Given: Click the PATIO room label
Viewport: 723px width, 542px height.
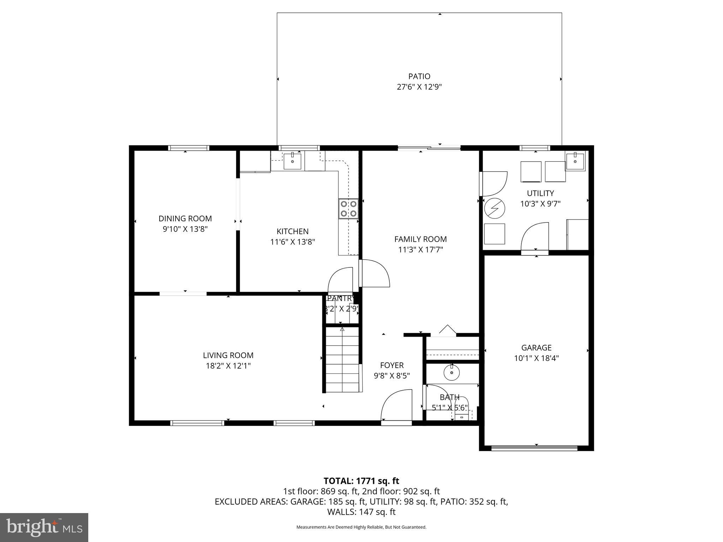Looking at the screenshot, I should click(419, 76).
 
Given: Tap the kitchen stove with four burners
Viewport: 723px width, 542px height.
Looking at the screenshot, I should click(348, 209).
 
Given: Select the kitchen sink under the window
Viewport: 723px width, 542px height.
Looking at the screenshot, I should click(293, 161).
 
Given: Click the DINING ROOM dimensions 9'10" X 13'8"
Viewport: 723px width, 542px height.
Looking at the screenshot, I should click(185, 229).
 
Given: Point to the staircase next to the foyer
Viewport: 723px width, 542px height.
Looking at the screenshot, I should click(342, 360).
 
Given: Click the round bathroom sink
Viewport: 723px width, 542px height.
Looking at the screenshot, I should click(452, 373).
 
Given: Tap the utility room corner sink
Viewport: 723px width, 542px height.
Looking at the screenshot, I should click(575, 161).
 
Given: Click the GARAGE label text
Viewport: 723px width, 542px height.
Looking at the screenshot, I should click(536, 348).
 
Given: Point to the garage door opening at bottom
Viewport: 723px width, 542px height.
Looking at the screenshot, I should click(534, 448).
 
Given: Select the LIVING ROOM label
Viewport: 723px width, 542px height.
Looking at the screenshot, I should click(228, 355).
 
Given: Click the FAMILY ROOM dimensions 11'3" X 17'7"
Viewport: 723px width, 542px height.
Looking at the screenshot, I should click(420, 250).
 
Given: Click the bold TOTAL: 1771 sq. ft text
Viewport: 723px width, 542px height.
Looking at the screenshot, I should click(361, 481).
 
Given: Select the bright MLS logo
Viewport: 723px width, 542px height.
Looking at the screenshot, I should click(44, 527).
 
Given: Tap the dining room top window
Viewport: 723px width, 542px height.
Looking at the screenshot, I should click(188, 148).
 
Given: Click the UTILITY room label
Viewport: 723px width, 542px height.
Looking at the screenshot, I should click(540, 193).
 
